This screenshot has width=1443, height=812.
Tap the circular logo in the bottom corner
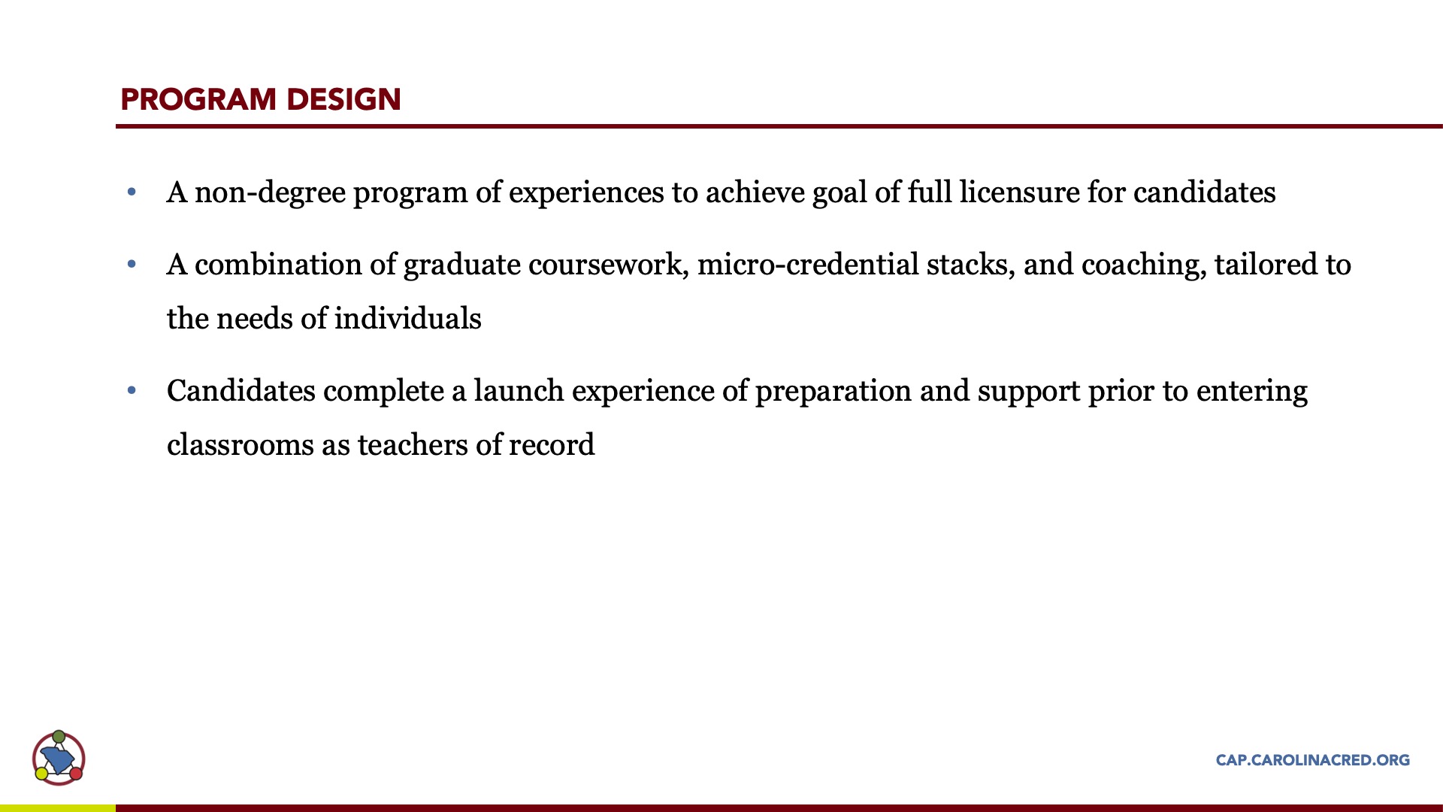click(59, 758)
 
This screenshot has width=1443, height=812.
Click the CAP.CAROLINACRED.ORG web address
click(1312, 760)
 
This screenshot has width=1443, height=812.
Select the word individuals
click(407, 319)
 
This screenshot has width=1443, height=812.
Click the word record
click(552, 445)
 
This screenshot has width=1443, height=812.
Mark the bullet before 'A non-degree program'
click(132, 192)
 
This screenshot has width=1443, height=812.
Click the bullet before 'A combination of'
click(132, 265)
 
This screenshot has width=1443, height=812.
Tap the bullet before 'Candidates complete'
click(132, 391)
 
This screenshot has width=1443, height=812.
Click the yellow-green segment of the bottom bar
click(58, 808)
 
